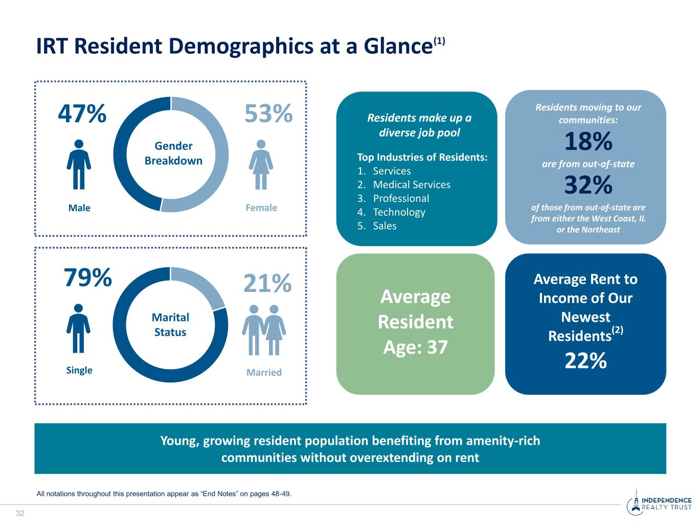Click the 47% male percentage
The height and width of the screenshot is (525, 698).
[82, 114]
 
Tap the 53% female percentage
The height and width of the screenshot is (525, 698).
[268, 114]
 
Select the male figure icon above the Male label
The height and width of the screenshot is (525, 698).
[79, 164]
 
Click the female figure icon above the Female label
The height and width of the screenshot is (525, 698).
[261, 164]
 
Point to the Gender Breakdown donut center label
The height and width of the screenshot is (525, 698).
[173, 153]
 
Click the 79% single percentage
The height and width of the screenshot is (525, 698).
[87, 279]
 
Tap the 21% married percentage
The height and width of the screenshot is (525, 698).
[267, 284]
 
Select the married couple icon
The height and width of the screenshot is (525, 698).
[264, 330]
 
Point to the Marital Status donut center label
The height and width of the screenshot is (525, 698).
[170, 325]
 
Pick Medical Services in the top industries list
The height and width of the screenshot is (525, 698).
[411, 185]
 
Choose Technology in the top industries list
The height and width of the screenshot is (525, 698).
[399, 212]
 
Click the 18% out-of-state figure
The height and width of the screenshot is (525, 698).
[588, 142]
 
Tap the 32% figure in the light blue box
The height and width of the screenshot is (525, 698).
[588, 186]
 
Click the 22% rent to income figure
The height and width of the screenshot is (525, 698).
[586, 361]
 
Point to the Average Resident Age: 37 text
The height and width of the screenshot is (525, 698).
[415, 322]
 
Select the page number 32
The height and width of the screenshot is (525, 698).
[20, 513]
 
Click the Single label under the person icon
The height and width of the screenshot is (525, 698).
[79, 370]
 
